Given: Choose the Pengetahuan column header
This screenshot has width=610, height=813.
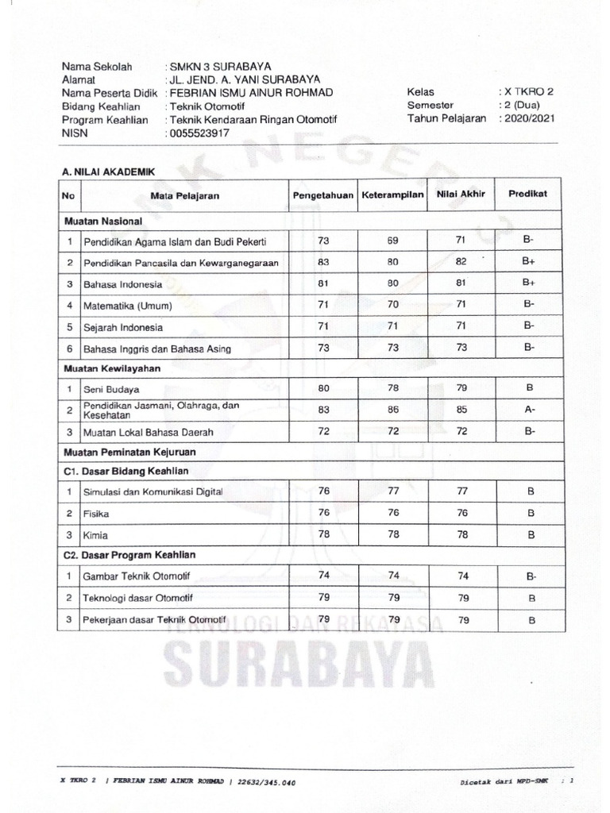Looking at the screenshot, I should pos(322,195).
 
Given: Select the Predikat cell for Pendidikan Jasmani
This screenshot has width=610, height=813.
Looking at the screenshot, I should pos(529,410).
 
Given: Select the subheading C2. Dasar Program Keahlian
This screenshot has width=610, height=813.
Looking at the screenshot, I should pos(129,555).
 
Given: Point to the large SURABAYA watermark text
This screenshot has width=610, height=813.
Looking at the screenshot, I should pos(293,660).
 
